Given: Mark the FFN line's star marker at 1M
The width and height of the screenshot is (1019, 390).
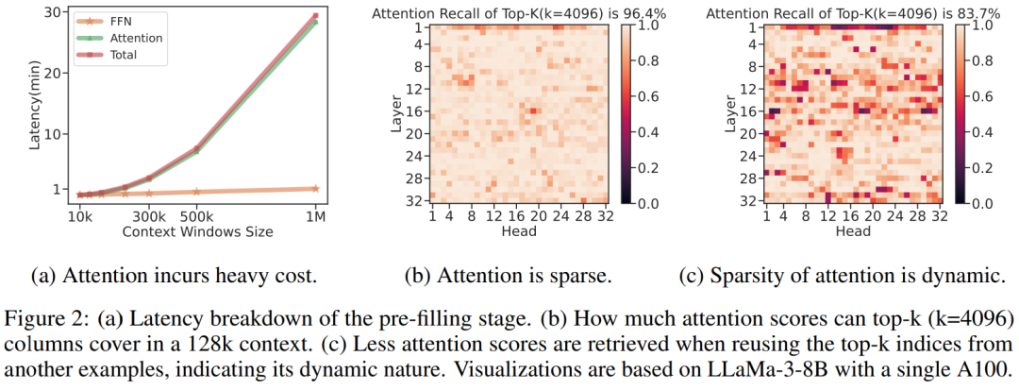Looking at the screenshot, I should [x=315, y=189].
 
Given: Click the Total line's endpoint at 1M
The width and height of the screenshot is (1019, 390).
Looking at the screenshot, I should [x=315, y=16].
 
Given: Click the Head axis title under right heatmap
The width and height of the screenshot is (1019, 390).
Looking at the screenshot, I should [x=852, y=230].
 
